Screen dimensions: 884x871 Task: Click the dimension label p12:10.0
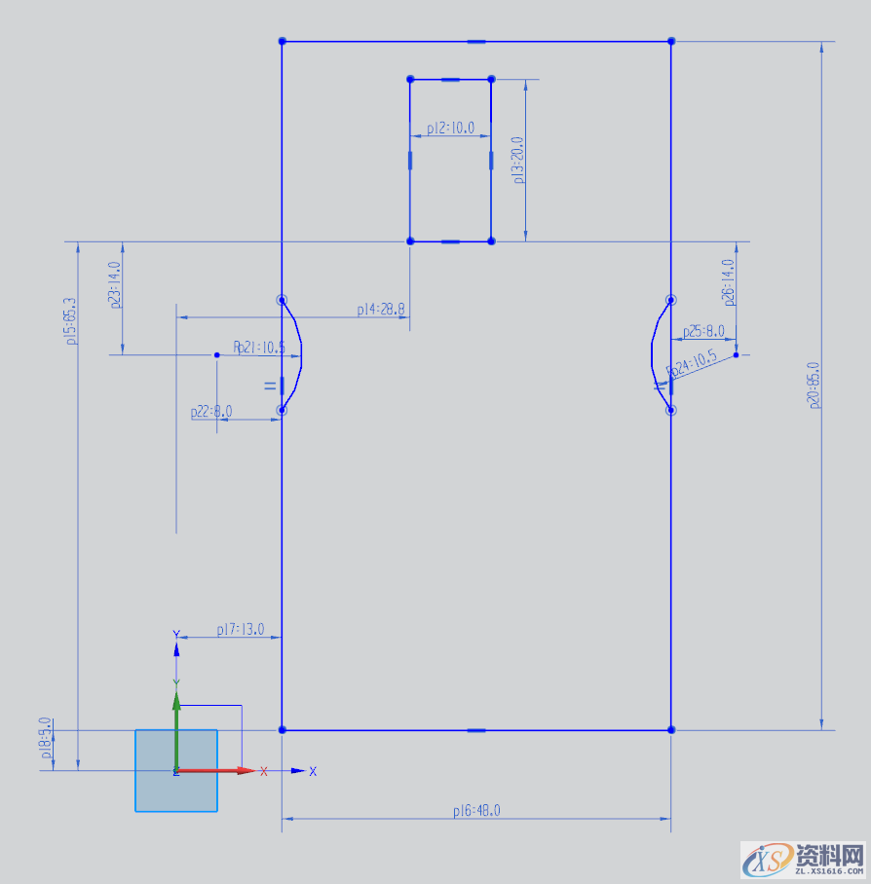[450, 128]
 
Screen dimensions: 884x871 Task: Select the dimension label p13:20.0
[518, 160]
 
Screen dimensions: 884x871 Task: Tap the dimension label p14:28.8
[380, 310]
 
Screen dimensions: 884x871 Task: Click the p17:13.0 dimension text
[240, 630]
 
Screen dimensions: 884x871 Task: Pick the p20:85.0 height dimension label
[814, 385]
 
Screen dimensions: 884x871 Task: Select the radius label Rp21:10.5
[259, 348]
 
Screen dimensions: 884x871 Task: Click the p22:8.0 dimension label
[211, 412]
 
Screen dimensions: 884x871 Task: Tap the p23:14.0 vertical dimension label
[116, 285]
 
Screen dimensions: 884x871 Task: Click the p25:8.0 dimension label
[703, 332]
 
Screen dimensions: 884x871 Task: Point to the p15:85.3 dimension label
[70, 321]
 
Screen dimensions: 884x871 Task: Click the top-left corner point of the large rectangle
[282, 41]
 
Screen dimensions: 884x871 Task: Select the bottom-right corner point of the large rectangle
[671, 729]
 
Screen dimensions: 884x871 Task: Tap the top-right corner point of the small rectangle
[491, 79]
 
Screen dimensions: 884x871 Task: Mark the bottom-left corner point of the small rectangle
[410, 240]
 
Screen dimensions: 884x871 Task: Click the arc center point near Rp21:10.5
[217, 355]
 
